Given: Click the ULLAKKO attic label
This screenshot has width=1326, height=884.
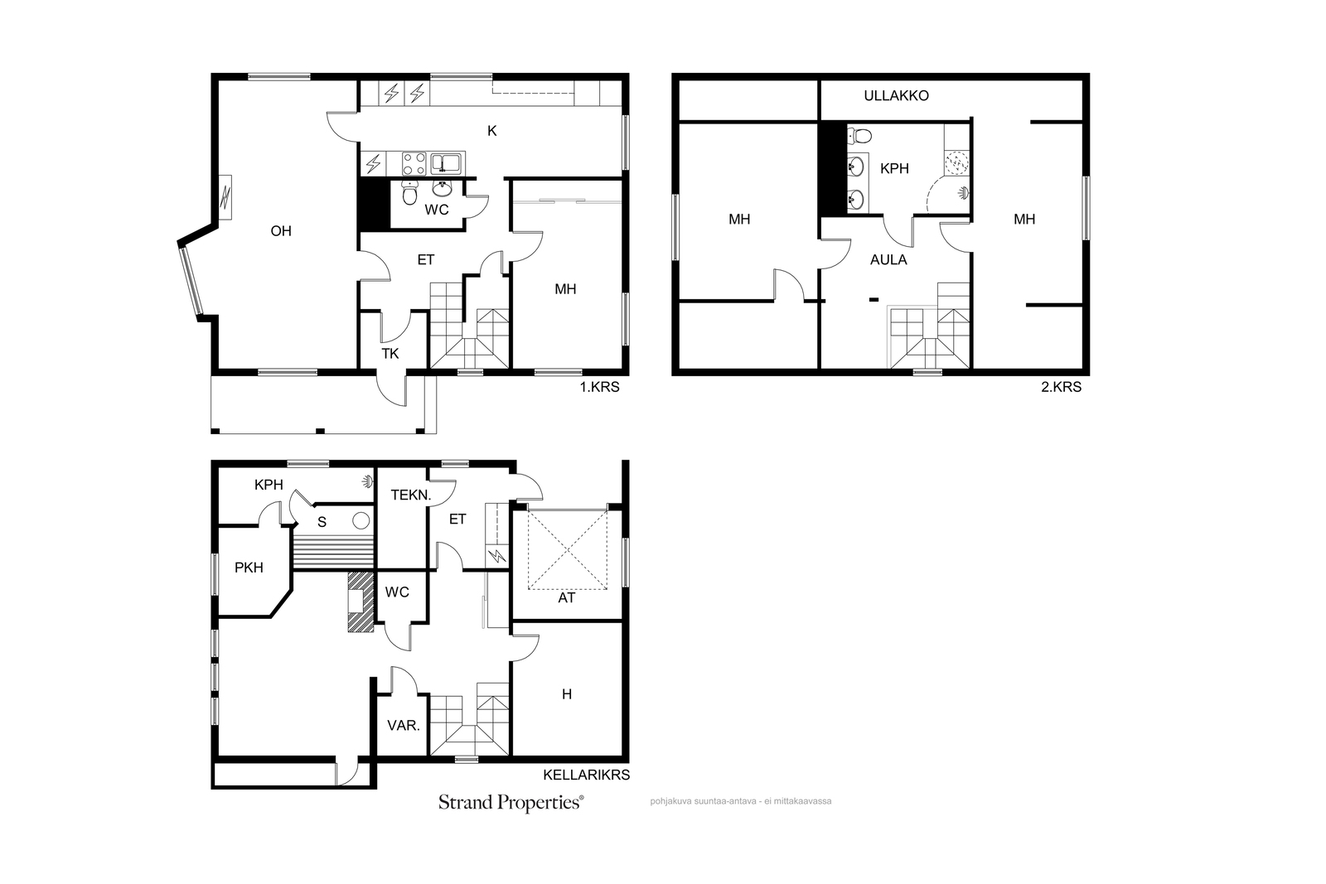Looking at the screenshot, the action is click(x=896, y=96).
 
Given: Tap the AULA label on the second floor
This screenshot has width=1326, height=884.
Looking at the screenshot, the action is click(x=888, y=260).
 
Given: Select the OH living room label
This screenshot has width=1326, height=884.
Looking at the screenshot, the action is click(x=281, y=231).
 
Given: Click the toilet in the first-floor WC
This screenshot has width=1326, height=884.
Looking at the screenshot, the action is click(x=409, y=192).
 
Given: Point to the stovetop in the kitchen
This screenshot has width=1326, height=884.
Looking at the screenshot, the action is click(x=414, y=164).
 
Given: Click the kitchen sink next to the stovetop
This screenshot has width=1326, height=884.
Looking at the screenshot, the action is click(x=447, y=164).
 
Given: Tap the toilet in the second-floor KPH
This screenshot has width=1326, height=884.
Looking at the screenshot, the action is click(x=859, y=137).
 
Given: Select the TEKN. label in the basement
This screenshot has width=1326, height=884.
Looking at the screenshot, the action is click(x=411, y=495).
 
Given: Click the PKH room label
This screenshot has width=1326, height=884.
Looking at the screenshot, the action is click(x=249, y=568).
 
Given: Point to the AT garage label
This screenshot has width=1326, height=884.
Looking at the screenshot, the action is click(x=567, y=597).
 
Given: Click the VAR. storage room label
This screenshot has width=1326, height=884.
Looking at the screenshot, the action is click(x=404, y=726).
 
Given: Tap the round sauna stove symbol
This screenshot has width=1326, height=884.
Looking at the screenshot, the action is click(x=361, y=520).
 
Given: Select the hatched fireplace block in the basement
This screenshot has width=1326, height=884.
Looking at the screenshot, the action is click(x=361, y=601).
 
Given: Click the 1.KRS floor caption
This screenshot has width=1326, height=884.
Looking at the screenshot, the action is click(x=599, y=387).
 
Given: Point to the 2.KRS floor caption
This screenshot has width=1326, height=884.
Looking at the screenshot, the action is click(x=1061, y=387).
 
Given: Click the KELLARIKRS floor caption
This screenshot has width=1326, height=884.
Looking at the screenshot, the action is click(x=586, y=775).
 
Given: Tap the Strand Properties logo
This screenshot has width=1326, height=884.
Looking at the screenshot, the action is click(x=511, y=803).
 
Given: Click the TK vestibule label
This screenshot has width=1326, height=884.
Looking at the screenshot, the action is click(x=390, y=354).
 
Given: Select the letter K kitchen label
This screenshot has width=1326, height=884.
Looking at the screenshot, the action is click(x=492, y=132).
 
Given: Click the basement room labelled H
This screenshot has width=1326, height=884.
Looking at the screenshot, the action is click(x=567, y=694).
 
